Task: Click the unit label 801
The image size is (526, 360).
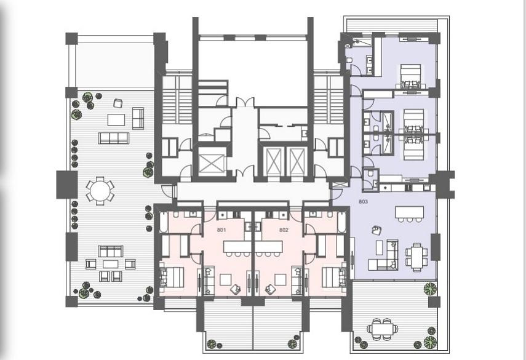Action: [x=221, y=230]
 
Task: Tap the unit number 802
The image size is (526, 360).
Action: [x=284, y=230]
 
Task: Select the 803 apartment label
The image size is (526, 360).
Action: [x=364, y=202]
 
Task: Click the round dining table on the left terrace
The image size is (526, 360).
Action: [x=100, y=191]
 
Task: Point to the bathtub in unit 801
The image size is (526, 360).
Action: [x=164, y=222]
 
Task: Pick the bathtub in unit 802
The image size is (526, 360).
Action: [x=341, y=222]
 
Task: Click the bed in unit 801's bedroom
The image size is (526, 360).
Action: [x=172, y=277]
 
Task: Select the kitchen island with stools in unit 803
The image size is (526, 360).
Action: [x=409, y=214]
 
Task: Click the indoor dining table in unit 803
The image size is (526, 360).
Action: [x=416, y=257]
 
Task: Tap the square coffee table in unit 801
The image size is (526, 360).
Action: [x=225, y=279]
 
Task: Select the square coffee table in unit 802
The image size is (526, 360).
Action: [x=281, y=279]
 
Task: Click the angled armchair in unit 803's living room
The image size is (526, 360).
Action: [x=377, y=230]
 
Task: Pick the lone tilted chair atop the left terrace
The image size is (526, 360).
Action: [x=118, y=103]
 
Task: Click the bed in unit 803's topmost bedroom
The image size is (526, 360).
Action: [x=412, y=76]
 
